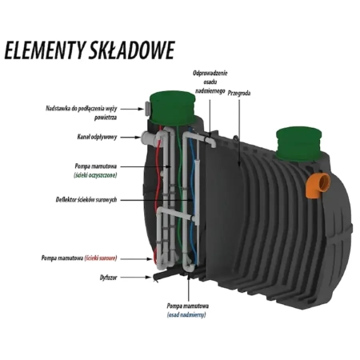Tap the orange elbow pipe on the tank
pyautogui.click(x=318, y=185)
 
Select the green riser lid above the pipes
pyautogui.click(x=172, y=108)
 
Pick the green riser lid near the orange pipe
pyautogui.click(x=298, y=143)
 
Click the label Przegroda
pyautogui.click(x=239, y=93)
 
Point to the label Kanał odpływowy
pyautogui.click(x=97, y=137)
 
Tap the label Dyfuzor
pyautogui.click(x=108, y=278)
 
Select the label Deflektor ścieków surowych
pyautogui.click(x=86, y=199)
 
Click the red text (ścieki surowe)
pyautogui.click(x=101, y=258)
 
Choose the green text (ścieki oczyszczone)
pyautogui.click(x=95, y=175)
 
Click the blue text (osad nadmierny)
pyautogui.click(x=186, y=315)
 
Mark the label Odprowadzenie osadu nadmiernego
pyautogui.click(x=210, y=82)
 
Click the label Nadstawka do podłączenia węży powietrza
pyautogui.click(x=82, y=113)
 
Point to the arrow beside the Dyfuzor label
pyautogui.click(x=136, y=278)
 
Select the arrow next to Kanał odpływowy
pyautogui.click(x=130, y=138)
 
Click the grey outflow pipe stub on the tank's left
pyautogui.click(x=148, y=138)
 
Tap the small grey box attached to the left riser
pyautogui.click(x=148, y=109)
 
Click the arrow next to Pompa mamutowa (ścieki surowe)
pyautogui.click(x=136, y=258)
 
